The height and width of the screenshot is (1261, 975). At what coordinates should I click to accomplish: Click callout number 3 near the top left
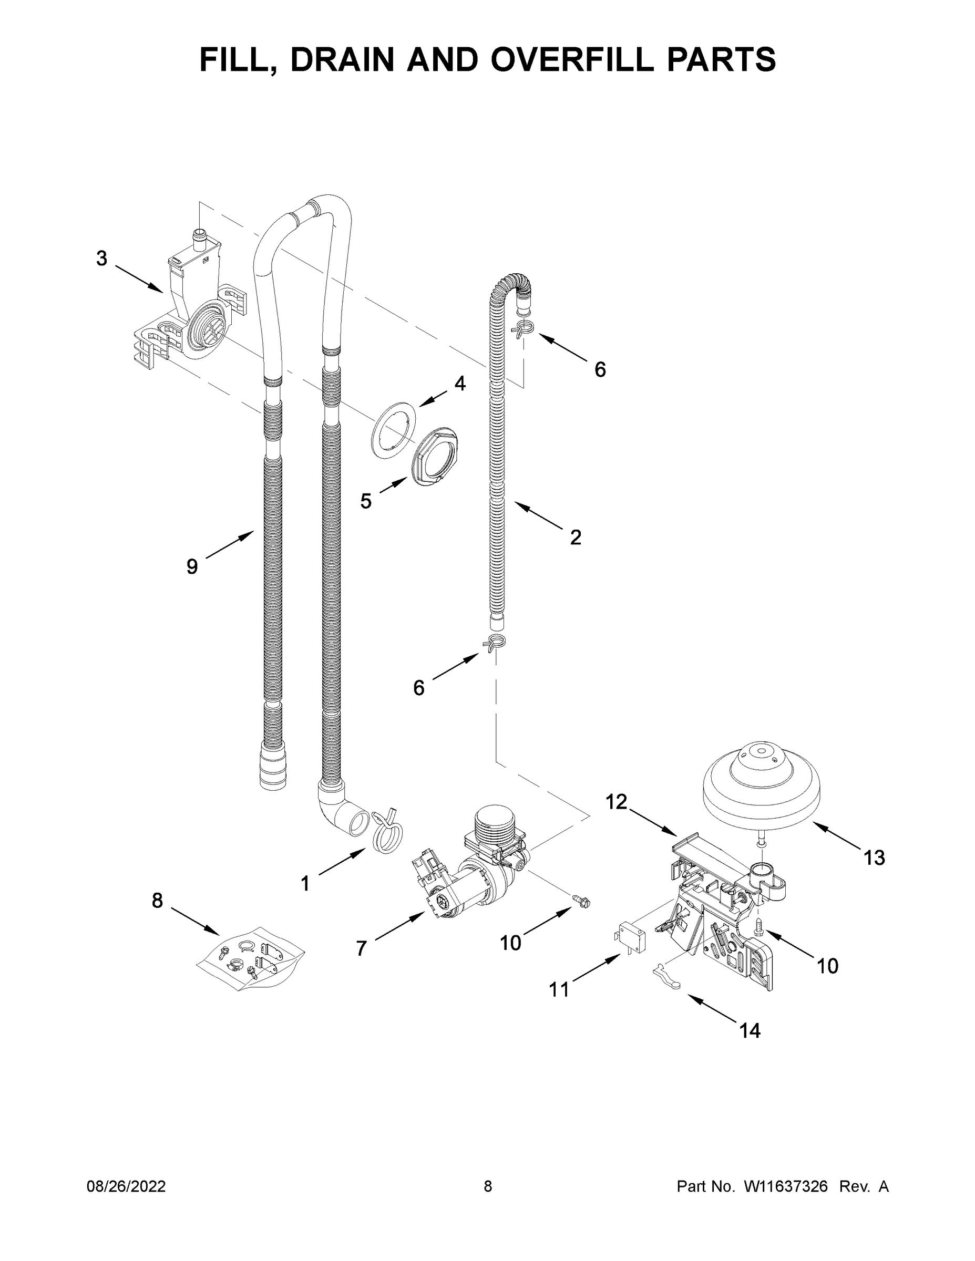pos(101,258)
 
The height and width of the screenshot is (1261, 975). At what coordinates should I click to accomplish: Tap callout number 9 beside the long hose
pos(192,566)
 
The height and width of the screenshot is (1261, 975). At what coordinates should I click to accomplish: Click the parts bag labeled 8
pos(251,962)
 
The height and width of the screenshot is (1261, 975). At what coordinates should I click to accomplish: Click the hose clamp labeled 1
pos(387,833)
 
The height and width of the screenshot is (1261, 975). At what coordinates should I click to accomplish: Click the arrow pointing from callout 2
pos(537,515)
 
